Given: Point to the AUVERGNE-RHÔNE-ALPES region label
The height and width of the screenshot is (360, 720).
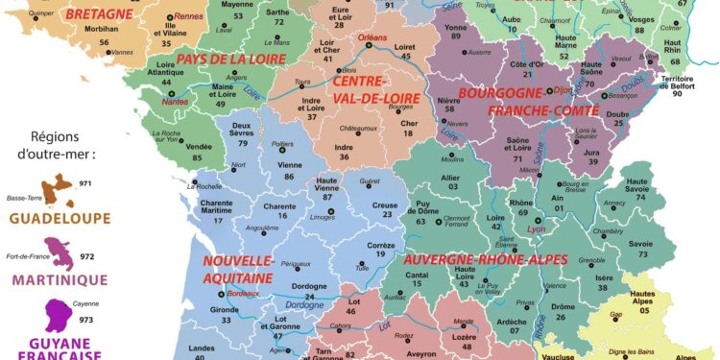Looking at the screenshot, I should [485, 259].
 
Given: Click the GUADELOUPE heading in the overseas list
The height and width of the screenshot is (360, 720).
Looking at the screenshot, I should [59, 218].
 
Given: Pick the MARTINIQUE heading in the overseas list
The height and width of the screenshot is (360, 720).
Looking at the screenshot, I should [59, 279].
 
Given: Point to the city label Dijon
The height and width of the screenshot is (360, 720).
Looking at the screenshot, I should [564, 89].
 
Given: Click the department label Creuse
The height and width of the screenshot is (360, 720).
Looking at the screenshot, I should [384, 204].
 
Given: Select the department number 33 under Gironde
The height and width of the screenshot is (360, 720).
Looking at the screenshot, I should [227, 320].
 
